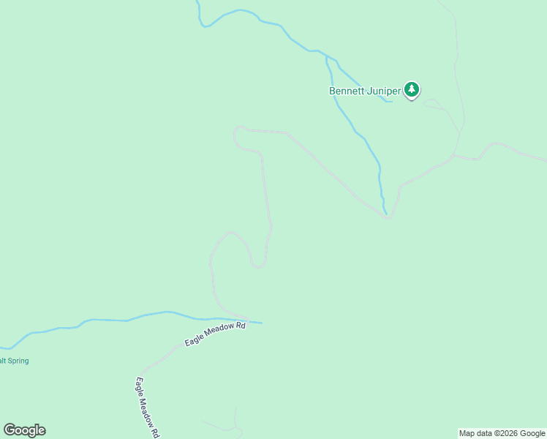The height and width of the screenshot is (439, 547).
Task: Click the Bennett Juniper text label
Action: click(x=364, y=91)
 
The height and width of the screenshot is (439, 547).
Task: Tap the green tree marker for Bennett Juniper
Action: click(x=412, y=90)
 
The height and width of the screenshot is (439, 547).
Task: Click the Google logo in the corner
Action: click(x=24, y=430)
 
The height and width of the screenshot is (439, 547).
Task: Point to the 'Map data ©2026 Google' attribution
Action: click(x=502, y=433)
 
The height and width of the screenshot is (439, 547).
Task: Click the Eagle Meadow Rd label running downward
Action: click(x=148, y=406)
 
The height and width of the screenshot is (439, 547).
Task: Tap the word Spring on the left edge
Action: click(x=16, y=361)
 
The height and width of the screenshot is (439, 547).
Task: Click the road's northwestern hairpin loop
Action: click(x=236, y=136)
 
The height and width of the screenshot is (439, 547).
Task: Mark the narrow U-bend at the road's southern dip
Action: click(x=258, y=265)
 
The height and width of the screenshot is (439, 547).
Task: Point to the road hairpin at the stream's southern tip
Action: click(x=388, y=217)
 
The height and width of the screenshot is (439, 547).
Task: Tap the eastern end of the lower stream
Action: click(x=261, y=323)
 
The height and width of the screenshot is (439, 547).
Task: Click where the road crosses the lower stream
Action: click(x=247, y=320)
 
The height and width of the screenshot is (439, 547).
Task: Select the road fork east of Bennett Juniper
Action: click(x=454, y=155)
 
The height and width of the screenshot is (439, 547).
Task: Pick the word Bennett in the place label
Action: click(x=345, y=91)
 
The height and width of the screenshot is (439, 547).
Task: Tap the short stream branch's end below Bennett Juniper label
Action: click(x=392, y=101)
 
